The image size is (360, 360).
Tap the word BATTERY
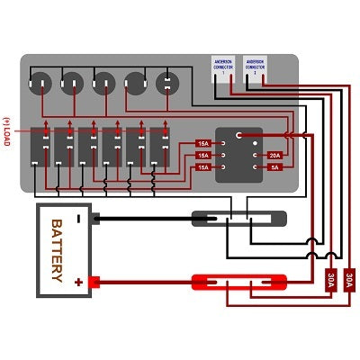pos(56,250)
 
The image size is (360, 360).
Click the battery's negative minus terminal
pos(80,218)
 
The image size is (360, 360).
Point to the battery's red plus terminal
pos(80,282)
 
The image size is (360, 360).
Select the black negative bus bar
pos(239,218)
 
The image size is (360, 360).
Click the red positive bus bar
pos(239,282)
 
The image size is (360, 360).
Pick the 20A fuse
pos(274,155)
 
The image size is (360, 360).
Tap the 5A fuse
pos(274,167)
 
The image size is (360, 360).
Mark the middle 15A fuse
pos(203,156)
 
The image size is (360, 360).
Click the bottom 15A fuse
pos(203,167)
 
